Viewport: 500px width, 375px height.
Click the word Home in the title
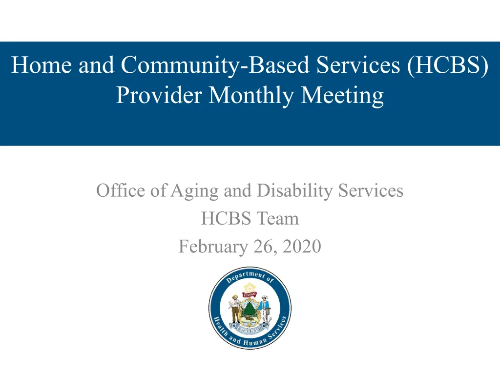point(42,65)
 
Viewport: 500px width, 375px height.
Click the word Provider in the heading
point(159,95)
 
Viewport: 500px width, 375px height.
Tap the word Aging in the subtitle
point(194,191)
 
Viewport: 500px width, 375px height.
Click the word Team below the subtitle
point(278,218)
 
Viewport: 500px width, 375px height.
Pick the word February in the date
point(213,247)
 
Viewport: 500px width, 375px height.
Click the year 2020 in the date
point(302,247)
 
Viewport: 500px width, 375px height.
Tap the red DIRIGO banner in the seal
point(250,294)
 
